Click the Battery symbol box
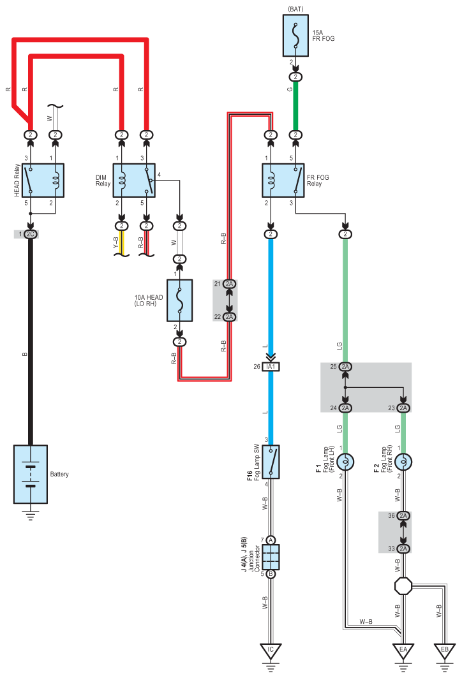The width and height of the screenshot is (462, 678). tap(30, 474)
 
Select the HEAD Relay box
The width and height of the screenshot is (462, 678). tap(43, 181)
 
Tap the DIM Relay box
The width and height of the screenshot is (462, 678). tap(134, 181)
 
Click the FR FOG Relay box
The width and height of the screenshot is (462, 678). tap(283, 181)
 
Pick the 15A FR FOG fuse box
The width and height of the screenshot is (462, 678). tap(295, 36)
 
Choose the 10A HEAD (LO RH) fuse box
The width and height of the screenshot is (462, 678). tap(179, 300)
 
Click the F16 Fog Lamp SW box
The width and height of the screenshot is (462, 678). tap(271, 462)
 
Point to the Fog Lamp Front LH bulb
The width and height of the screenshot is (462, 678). tap(345, 462)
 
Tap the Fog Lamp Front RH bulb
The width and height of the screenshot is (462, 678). tap(403, 462)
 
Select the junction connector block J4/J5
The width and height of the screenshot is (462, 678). tap(271, 557)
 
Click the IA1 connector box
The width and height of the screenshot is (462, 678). tap(271, 367)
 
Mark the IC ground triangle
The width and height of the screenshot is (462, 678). tap(271, 651)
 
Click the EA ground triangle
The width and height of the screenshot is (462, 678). tap(403, 651)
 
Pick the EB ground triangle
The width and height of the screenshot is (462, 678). tap(445, 651)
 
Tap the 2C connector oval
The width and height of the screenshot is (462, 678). tap(30, 234)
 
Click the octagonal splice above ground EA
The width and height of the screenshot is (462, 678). tap(403, 586)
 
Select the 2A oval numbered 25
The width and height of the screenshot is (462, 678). tap(345, 367)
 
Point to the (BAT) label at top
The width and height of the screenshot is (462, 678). tap(295, 9)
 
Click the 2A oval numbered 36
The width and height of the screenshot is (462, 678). tap(403, 515)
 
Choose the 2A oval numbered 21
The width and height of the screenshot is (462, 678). tap(229, 284)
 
